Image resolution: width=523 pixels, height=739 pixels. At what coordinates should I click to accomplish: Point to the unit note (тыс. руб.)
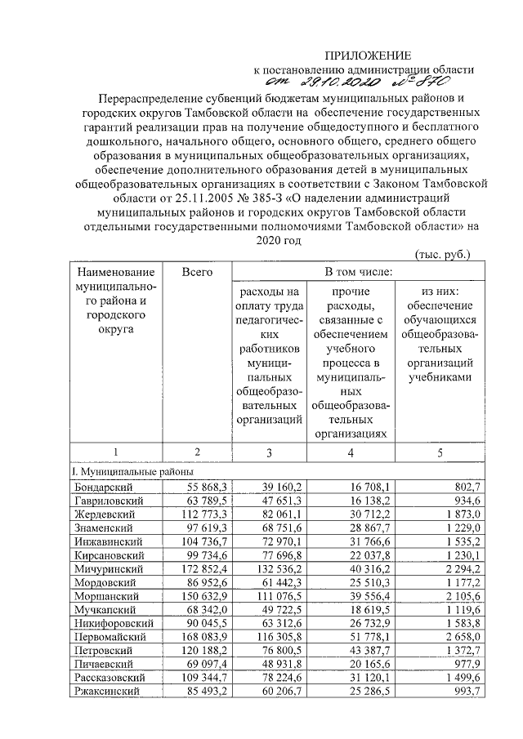pos(442,254)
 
